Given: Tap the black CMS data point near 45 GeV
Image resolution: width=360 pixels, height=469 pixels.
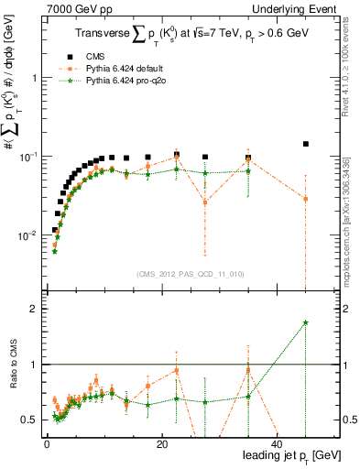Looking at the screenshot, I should pos(305,144).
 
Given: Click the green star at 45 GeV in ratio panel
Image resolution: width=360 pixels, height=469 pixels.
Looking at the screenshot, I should pos(305,322).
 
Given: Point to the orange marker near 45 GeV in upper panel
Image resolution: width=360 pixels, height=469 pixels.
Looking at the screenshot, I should pos(305,199).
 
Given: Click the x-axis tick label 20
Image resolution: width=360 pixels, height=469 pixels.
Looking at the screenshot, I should pos(161,443).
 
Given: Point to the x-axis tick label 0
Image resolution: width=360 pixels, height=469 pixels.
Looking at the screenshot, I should pos(47,443).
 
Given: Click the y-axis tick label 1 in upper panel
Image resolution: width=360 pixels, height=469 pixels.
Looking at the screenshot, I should pos(34,78).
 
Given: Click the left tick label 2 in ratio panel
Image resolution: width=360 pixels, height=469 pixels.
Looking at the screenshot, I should pos(34,309).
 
